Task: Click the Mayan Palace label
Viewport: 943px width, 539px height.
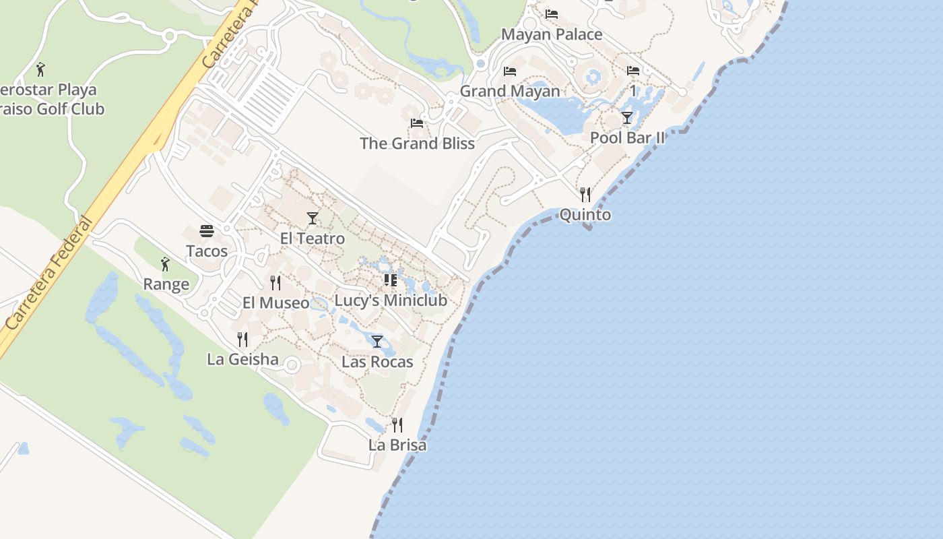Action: tap(552, 34)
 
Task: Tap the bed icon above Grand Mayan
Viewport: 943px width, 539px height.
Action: tap(510, 71)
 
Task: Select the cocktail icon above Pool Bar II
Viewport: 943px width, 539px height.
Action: tap(627, 118)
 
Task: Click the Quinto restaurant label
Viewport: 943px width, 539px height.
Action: tap(585, 215)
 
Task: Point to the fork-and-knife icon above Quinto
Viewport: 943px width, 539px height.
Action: tap(585, 195)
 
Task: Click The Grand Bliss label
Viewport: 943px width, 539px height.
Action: tap(417, 144)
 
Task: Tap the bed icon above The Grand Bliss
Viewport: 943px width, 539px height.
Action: tap(417, 123)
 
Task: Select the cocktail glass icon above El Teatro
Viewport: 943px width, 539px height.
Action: tap(312, 218)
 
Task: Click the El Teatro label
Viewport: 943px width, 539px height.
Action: tap(312, 239)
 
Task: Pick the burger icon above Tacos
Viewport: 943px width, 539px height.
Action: tap(207, 231)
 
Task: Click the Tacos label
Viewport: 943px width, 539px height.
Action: tap(207, 251)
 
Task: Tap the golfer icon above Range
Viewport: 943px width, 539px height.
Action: tap(165, 264)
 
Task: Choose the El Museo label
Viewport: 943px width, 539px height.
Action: tap(275, 303)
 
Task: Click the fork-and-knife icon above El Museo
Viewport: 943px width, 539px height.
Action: tap(275, 282)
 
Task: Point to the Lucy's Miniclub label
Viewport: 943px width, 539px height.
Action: tap(391, 300)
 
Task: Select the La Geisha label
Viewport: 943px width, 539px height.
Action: tap(242, 359)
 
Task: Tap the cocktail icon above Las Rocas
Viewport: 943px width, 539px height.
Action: tap(377, 341)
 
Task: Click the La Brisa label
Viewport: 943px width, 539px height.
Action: tap(397, 445)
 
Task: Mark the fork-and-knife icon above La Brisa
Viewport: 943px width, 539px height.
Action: tap(397, 424)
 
